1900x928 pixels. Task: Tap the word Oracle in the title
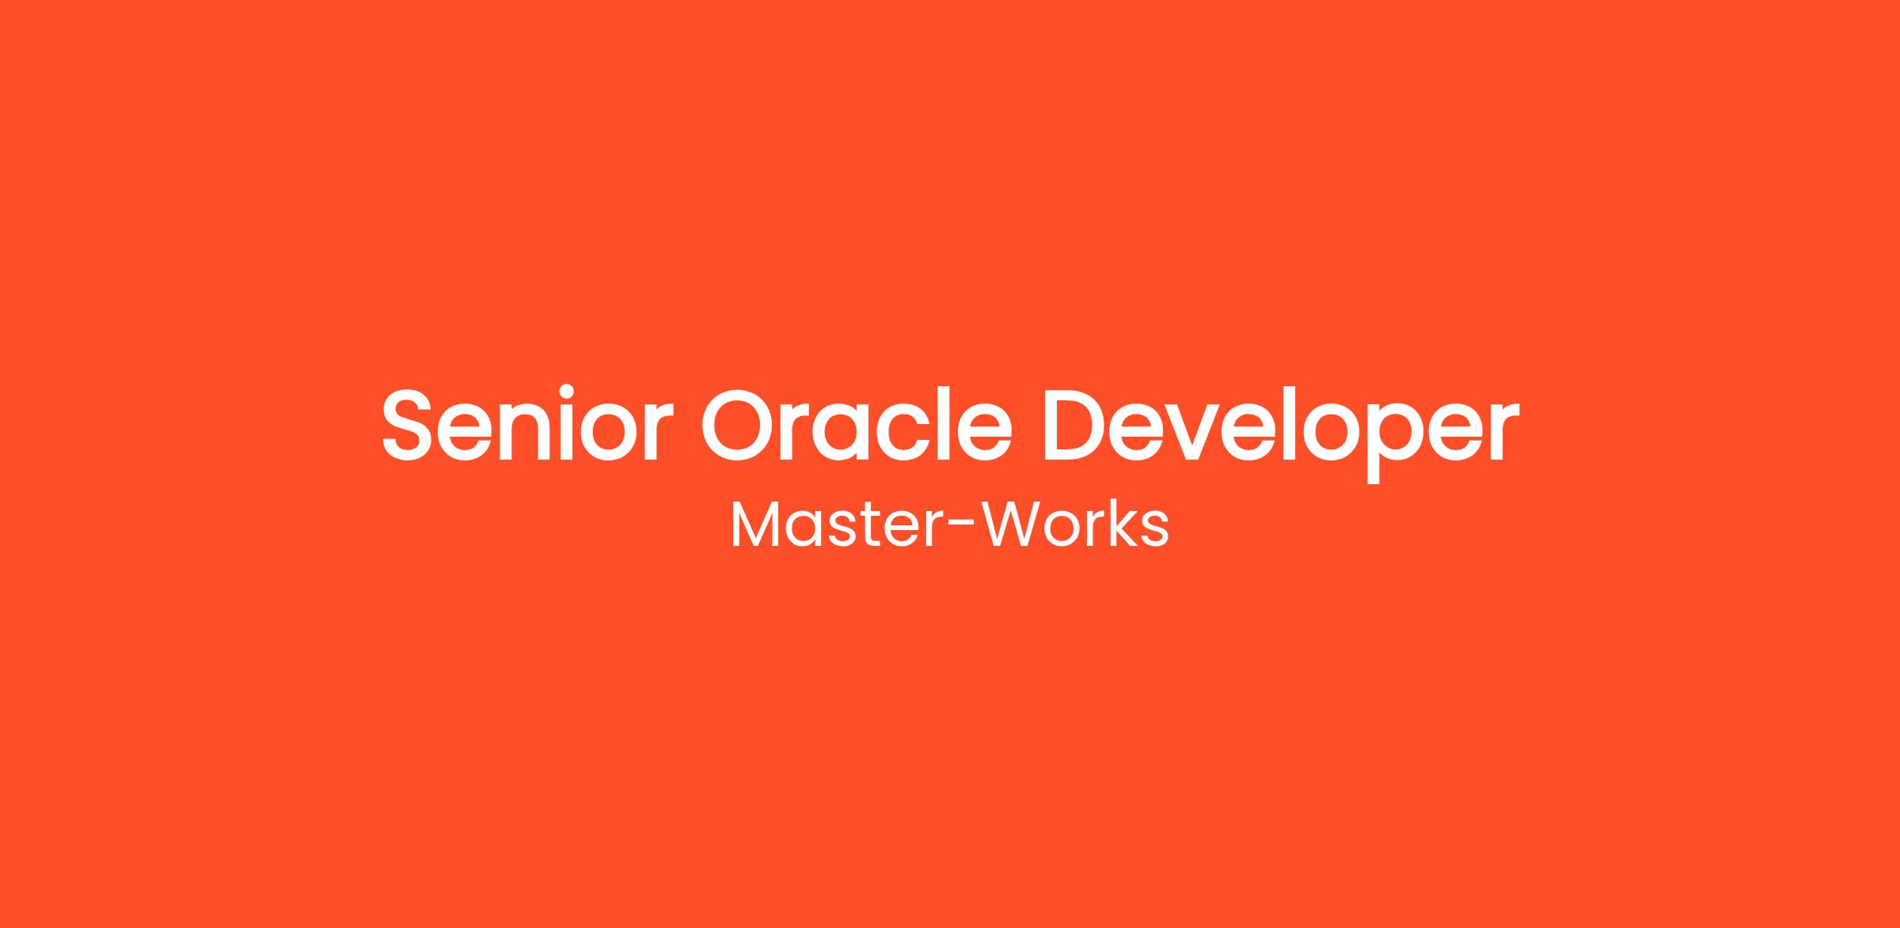[x=857, y=424]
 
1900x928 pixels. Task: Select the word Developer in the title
[x=1281, y=434]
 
